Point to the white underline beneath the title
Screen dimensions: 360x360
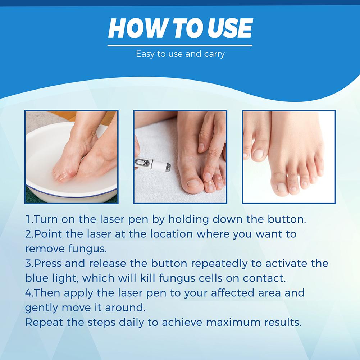(x=180, y=46)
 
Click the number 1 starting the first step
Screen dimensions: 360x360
(x=27, y=219)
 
